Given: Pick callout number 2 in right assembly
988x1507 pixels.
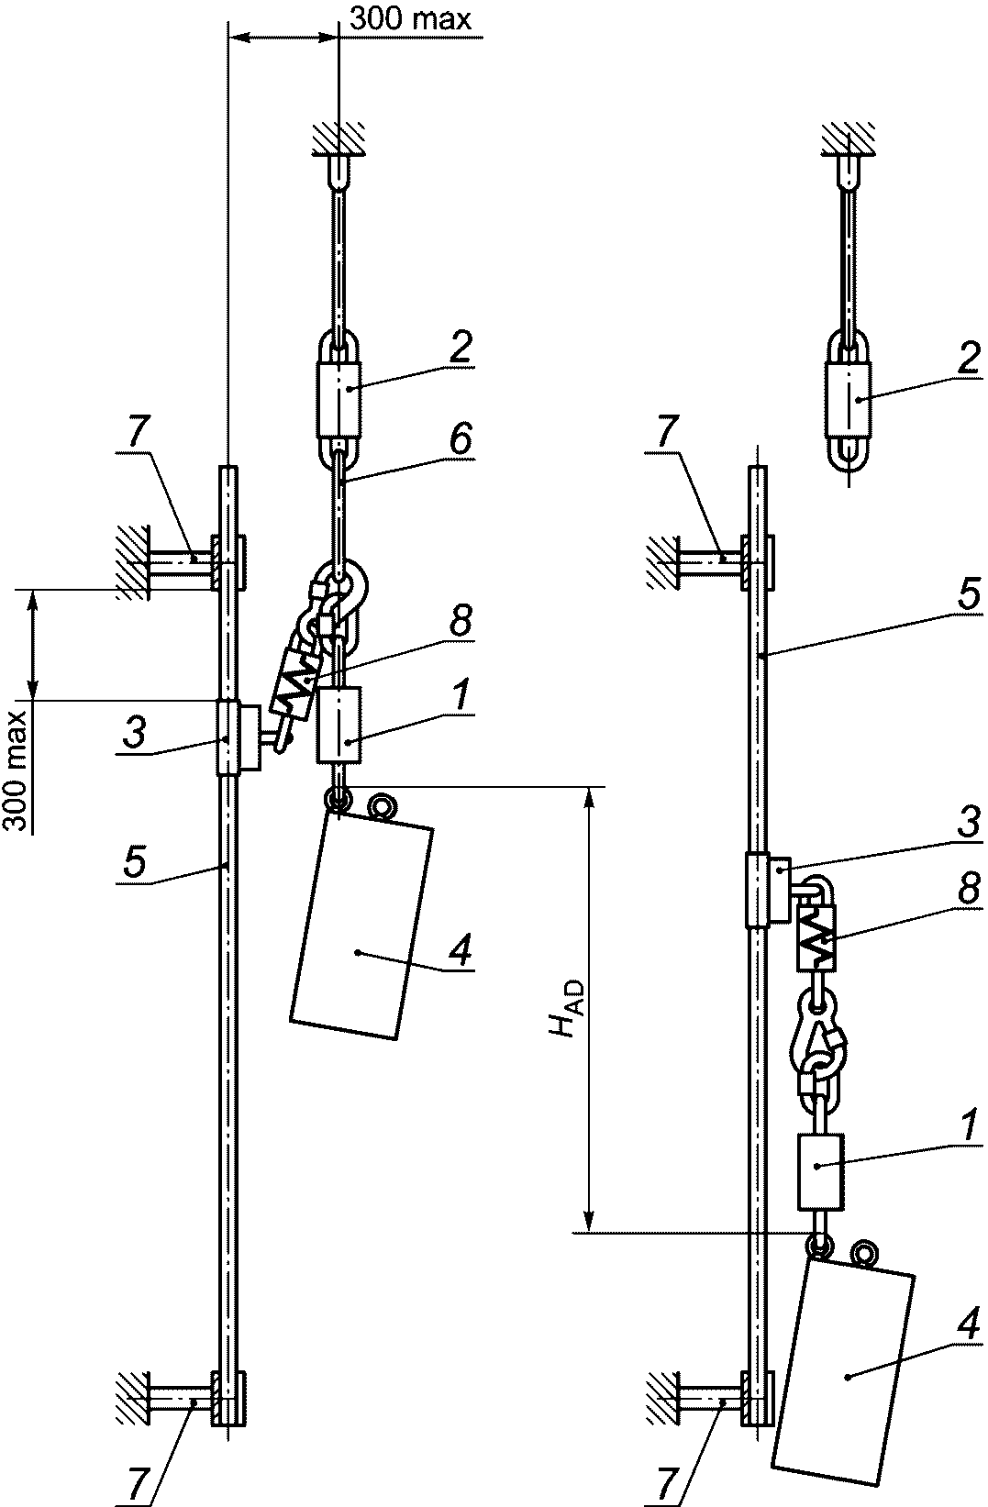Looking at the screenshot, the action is point(968,360).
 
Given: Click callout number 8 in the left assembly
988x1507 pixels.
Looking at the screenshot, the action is point(461,620).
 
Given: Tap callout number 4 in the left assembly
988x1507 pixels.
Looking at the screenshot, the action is point(460,947).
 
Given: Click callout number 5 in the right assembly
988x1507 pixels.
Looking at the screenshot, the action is point(969,594).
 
